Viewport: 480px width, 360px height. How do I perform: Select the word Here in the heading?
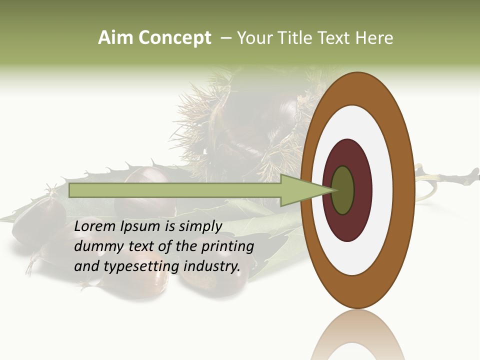[x=374, y=38]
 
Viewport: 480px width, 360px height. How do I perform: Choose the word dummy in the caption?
[x=95, y=246]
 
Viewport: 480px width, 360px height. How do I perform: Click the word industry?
[x=212, y=266]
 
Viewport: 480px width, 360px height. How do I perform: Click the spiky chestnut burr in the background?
[x=240, y=120]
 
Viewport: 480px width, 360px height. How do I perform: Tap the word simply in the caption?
[x=200, y=226]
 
